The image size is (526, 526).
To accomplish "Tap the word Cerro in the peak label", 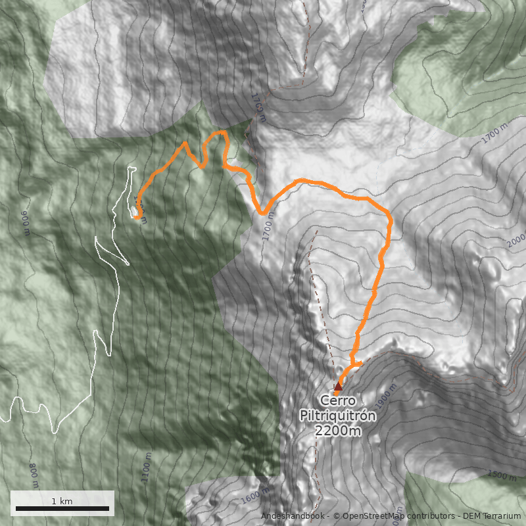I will tap(338, 400).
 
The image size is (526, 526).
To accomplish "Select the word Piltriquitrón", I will tap(338, 416).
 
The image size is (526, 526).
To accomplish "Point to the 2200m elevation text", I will tap(338, 431).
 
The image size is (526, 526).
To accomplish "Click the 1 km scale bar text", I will tap(62, 501).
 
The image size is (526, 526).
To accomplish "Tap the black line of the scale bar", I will tap(62, 508).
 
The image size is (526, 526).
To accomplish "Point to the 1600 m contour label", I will tap(255, 495).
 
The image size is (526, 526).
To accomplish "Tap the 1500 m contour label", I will tap(502, 475).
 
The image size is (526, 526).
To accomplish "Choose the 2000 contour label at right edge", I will tap(516, 240).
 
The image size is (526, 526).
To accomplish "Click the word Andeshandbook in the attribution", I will tap(293, 516).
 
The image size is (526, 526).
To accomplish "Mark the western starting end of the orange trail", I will tap(137, 217).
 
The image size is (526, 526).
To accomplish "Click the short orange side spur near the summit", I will tap(358, 362).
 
